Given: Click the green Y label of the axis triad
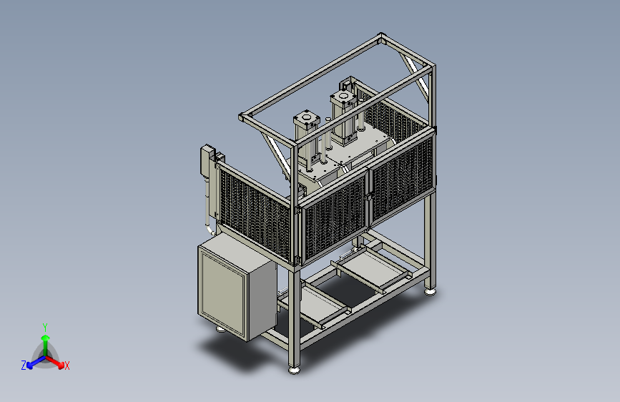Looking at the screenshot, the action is (x=45, y=327).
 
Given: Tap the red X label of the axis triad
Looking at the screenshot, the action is (x=67, y=366).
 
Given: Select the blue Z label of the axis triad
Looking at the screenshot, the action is (x=24, y=366).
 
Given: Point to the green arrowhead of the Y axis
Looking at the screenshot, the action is (x=46, y=338).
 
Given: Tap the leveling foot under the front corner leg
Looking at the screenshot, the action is (x=294, y=371).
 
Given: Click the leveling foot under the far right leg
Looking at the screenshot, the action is (x=430, y=292).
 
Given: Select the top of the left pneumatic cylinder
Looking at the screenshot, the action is (x=306, y=117).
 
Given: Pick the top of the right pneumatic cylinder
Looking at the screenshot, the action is (x=343, y=96).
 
